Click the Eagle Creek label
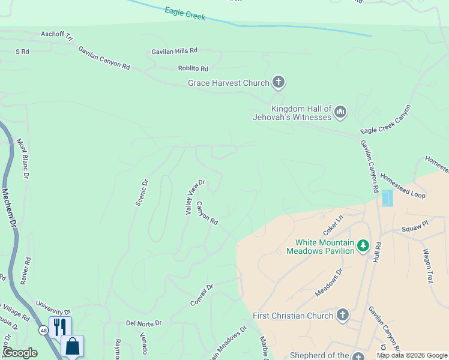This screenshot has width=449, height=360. coord(185,14)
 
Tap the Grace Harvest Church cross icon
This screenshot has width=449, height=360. coord(278,82)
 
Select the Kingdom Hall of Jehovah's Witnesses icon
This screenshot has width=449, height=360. coord(340,112)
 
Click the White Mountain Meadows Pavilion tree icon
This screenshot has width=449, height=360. coord(363,245)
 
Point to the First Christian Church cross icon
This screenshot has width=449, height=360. coord(342,315)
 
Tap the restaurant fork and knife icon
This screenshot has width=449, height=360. coord(59,326)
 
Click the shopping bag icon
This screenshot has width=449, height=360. coord(72,346)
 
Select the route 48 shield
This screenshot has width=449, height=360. coord(43,331)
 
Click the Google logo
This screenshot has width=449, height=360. coord(20,353)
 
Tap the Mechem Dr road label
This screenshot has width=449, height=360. coord(8,208)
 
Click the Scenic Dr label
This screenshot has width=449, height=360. coord(142,192)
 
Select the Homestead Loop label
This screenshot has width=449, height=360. coord(402,187)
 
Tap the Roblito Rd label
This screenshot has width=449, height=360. coord(193,69)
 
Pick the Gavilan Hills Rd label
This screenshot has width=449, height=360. coord(174,52)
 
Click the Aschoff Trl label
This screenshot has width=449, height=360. coord(56,35)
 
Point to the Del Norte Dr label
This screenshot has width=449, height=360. coord(144,323)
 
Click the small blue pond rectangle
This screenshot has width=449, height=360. coord(387,198)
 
